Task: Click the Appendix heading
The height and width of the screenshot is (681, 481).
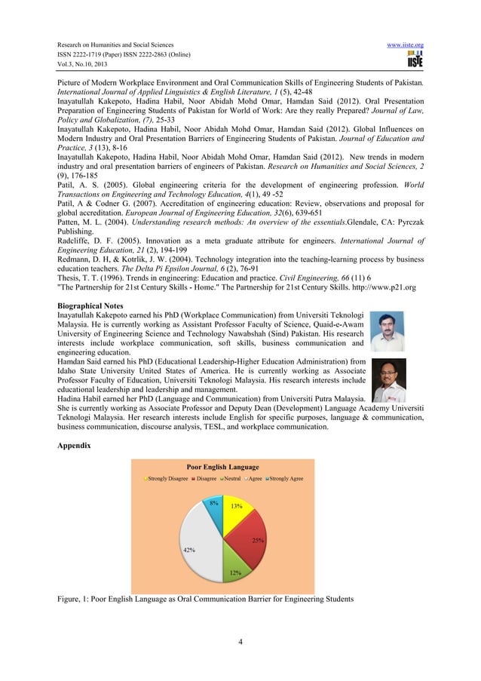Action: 74,446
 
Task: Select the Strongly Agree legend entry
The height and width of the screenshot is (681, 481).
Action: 284,478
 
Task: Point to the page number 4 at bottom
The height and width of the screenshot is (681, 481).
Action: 239,642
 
